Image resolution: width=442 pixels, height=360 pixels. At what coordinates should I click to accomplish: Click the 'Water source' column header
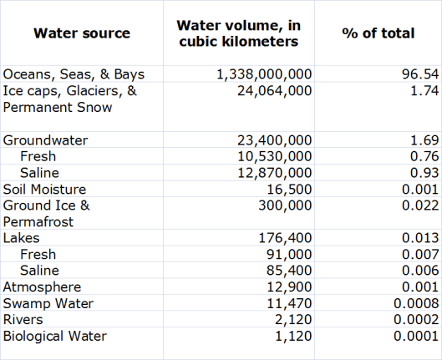coord(82,33)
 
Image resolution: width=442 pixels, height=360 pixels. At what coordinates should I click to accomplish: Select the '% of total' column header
coord(378,33)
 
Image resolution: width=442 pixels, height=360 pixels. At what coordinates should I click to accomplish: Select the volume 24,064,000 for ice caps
coord(273,90)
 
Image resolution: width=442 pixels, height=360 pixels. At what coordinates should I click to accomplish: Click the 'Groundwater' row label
coord(45,140)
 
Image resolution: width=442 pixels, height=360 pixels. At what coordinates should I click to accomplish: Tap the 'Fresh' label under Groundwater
coord(40,156)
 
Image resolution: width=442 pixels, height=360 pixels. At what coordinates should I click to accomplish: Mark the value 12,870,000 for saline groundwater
coord(273,173)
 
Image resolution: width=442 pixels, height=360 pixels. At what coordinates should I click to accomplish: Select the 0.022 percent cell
coord(418,205)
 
